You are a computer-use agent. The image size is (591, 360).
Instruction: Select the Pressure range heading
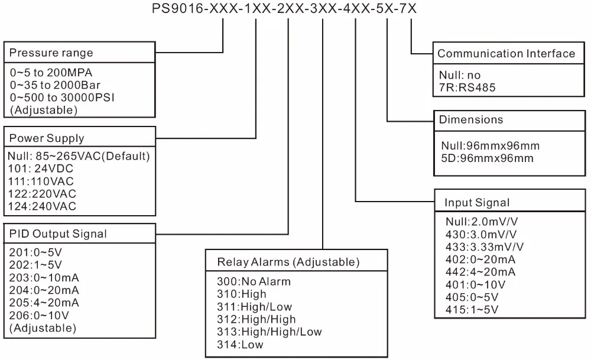click(51, 53)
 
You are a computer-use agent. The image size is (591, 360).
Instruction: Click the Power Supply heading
click(47, 138)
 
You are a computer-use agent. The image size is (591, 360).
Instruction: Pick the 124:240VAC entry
click(43, 206)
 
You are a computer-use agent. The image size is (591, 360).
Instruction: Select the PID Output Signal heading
click(58, 233)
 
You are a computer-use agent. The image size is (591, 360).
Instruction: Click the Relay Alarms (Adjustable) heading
click(288, 261)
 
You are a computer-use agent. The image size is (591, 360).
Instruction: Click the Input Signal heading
click(476, 203)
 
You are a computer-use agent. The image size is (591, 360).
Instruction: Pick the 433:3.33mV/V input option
click(485, 247)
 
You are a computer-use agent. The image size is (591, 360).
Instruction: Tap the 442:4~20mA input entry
click(480, 271)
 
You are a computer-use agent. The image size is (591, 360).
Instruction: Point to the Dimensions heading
click(470, 119)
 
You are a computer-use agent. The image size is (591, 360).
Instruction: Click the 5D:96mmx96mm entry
click(487, 158)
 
